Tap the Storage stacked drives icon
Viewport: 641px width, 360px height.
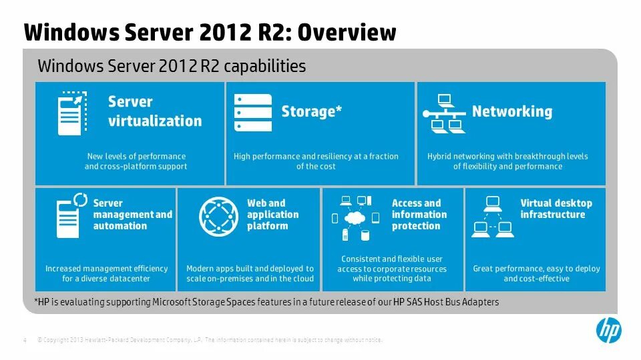click(x=253, y=113)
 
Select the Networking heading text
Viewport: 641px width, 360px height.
click(x=512, y=111)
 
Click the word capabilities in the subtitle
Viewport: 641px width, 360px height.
click(x=265, y=66)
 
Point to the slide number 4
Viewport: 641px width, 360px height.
click(x=25, y=341)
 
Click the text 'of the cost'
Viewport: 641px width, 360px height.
click(x=316, y=167)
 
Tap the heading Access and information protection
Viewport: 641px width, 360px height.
click(x=419, y=215)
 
